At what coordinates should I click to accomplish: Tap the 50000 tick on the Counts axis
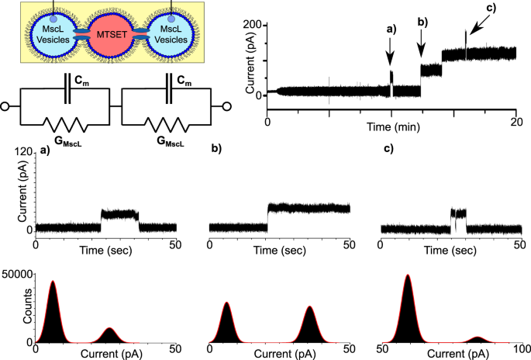(17, 275)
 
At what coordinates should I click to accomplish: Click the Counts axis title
(7, 309)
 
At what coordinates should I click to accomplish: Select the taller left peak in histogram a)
(53, 310)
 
